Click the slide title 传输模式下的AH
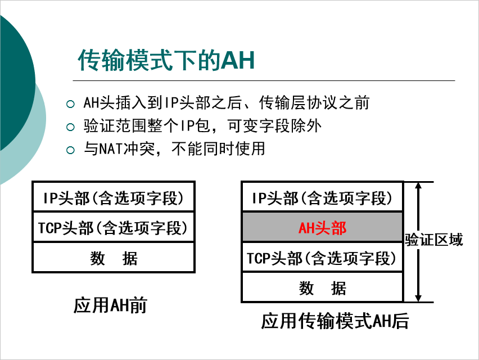pos(166,60)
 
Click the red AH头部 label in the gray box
pos(322,228)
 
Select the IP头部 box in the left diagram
pos(114,197)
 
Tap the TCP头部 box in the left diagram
pos(114,227)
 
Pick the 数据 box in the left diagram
pos(114,258)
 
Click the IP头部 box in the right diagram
pos(322,197)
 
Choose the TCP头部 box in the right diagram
pos(322,258)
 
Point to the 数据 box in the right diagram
pos(322,288)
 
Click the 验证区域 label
pos(434,240)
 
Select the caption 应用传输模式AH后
pos(335,321)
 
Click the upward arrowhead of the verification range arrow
pos(418,187)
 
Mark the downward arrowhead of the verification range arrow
pos(418,296)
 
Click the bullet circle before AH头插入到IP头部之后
pos(70,103)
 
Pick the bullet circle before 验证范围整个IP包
pos(70,127)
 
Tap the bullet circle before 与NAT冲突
pos(70,150)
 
